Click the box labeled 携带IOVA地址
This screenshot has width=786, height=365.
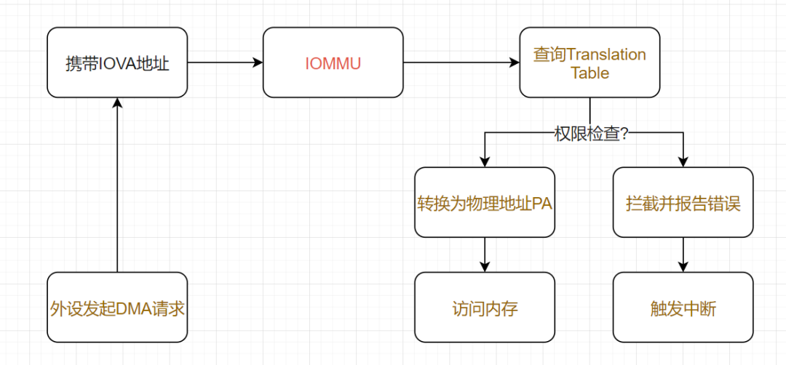point(117,63)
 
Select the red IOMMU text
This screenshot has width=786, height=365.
point(333,63)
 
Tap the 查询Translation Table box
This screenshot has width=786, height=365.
point(589,63)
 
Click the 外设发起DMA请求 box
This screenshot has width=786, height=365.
point(117,308)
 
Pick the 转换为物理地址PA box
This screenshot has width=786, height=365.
point(485,203)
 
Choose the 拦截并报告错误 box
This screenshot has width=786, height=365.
point(683,203)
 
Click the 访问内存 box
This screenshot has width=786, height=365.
point(485,308)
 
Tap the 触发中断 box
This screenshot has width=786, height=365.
point(683,308)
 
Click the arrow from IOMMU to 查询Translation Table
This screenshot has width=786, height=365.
point(461,63)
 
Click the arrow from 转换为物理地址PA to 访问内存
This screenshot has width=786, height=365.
point(485,254)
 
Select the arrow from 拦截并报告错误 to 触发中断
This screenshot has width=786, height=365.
point(683,254)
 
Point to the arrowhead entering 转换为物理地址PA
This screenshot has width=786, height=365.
point(485,161)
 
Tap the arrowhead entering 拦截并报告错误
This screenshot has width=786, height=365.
point(683,161)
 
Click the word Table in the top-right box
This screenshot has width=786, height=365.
point(589,73)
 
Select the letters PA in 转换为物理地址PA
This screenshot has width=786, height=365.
point(542,204)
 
